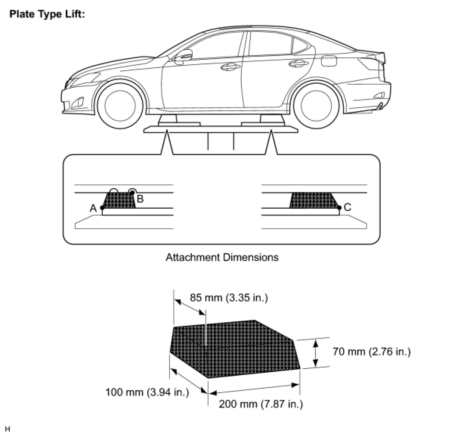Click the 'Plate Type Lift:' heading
47,14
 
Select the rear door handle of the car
298,64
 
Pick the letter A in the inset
93,208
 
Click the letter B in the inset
140,199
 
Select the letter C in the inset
347,207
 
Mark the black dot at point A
102,208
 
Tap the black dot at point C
339,208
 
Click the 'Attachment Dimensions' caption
222,257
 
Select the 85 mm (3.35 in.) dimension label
228,298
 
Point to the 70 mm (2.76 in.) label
371,352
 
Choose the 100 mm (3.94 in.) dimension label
147,392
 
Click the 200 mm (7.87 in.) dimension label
261,404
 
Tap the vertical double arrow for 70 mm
316,353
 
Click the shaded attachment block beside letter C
313,200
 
